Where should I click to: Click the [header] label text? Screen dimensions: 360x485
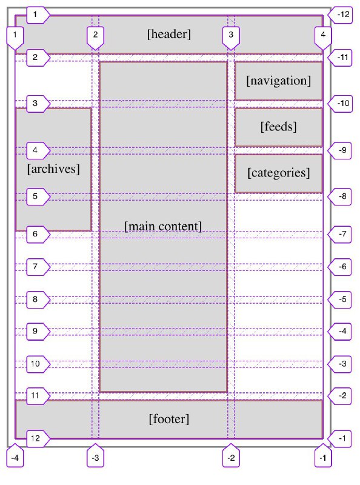169,34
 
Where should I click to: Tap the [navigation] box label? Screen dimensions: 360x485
278,81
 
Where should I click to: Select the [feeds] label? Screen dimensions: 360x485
278,127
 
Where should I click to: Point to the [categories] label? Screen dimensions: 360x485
278,173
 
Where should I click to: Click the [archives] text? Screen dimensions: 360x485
53,169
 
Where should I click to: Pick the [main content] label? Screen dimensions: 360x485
163,226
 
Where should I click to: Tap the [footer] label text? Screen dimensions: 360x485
169,419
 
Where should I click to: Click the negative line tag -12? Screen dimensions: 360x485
340,15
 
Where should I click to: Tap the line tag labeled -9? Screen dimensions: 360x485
339,150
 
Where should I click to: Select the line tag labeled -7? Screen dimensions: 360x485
339,234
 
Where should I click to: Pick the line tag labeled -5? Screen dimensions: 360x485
339,299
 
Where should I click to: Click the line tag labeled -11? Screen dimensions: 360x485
340,57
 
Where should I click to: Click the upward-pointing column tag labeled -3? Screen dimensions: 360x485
95,455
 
